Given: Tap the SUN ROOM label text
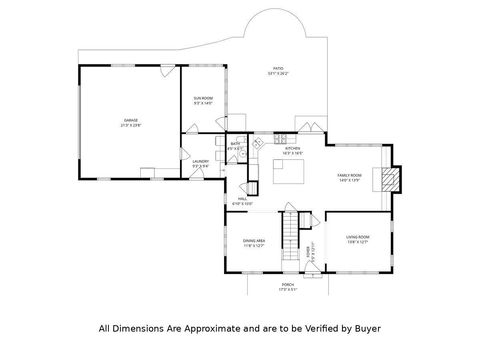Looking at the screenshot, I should [x=203, y=97].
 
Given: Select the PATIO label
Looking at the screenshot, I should [x=277, y=68].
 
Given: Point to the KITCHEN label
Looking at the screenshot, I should [x=293, y=149].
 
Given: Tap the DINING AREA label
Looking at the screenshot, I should [x=254, y=240].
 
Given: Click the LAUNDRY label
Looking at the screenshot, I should [x=200, y=160].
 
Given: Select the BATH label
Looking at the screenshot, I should [x=235, y=143].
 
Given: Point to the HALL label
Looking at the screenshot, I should [x=241, y=199].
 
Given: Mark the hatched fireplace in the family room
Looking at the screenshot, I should [x=389, y=178].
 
